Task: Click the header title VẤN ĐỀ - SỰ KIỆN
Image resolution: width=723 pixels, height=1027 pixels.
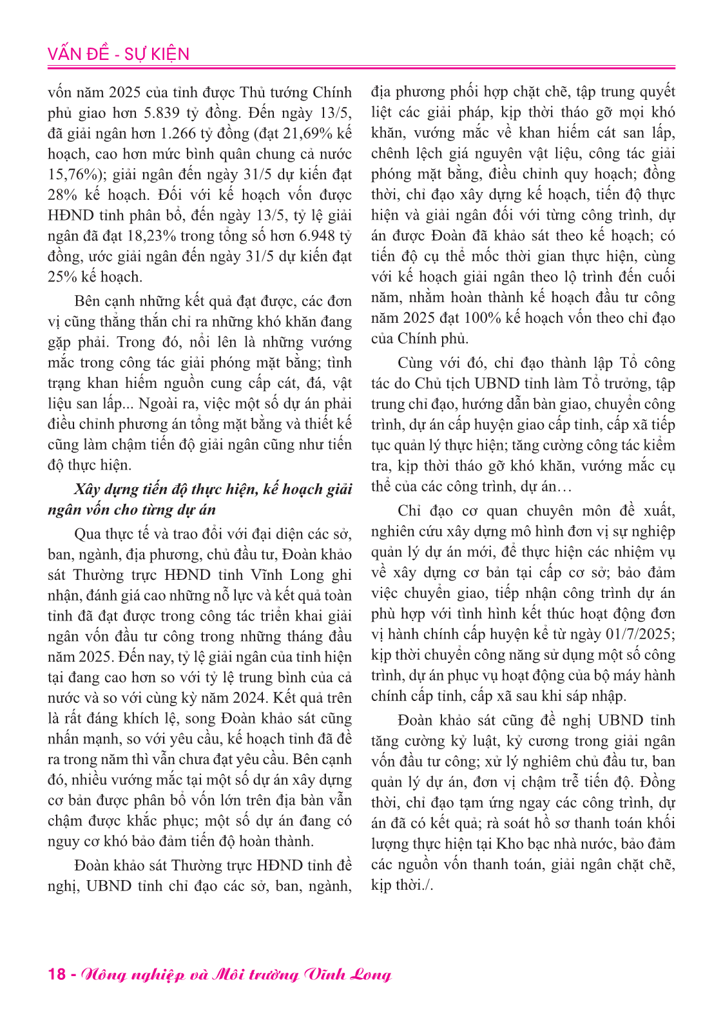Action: [119, 54]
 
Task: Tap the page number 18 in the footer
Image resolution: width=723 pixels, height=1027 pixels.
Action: [57, 974]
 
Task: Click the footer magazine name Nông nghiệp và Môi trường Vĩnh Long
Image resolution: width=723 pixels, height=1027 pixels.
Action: [236, 974]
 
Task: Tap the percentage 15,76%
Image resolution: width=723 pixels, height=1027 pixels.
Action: [72, 175]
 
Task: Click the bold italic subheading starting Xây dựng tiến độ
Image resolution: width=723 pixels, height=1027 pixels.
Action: [200, 499]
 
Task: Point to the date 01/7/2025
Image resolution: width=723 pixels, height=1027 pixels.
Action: [640, 635]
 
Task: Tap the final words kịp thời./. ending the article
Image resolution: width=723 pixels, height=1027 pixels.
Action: [402, 885]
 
